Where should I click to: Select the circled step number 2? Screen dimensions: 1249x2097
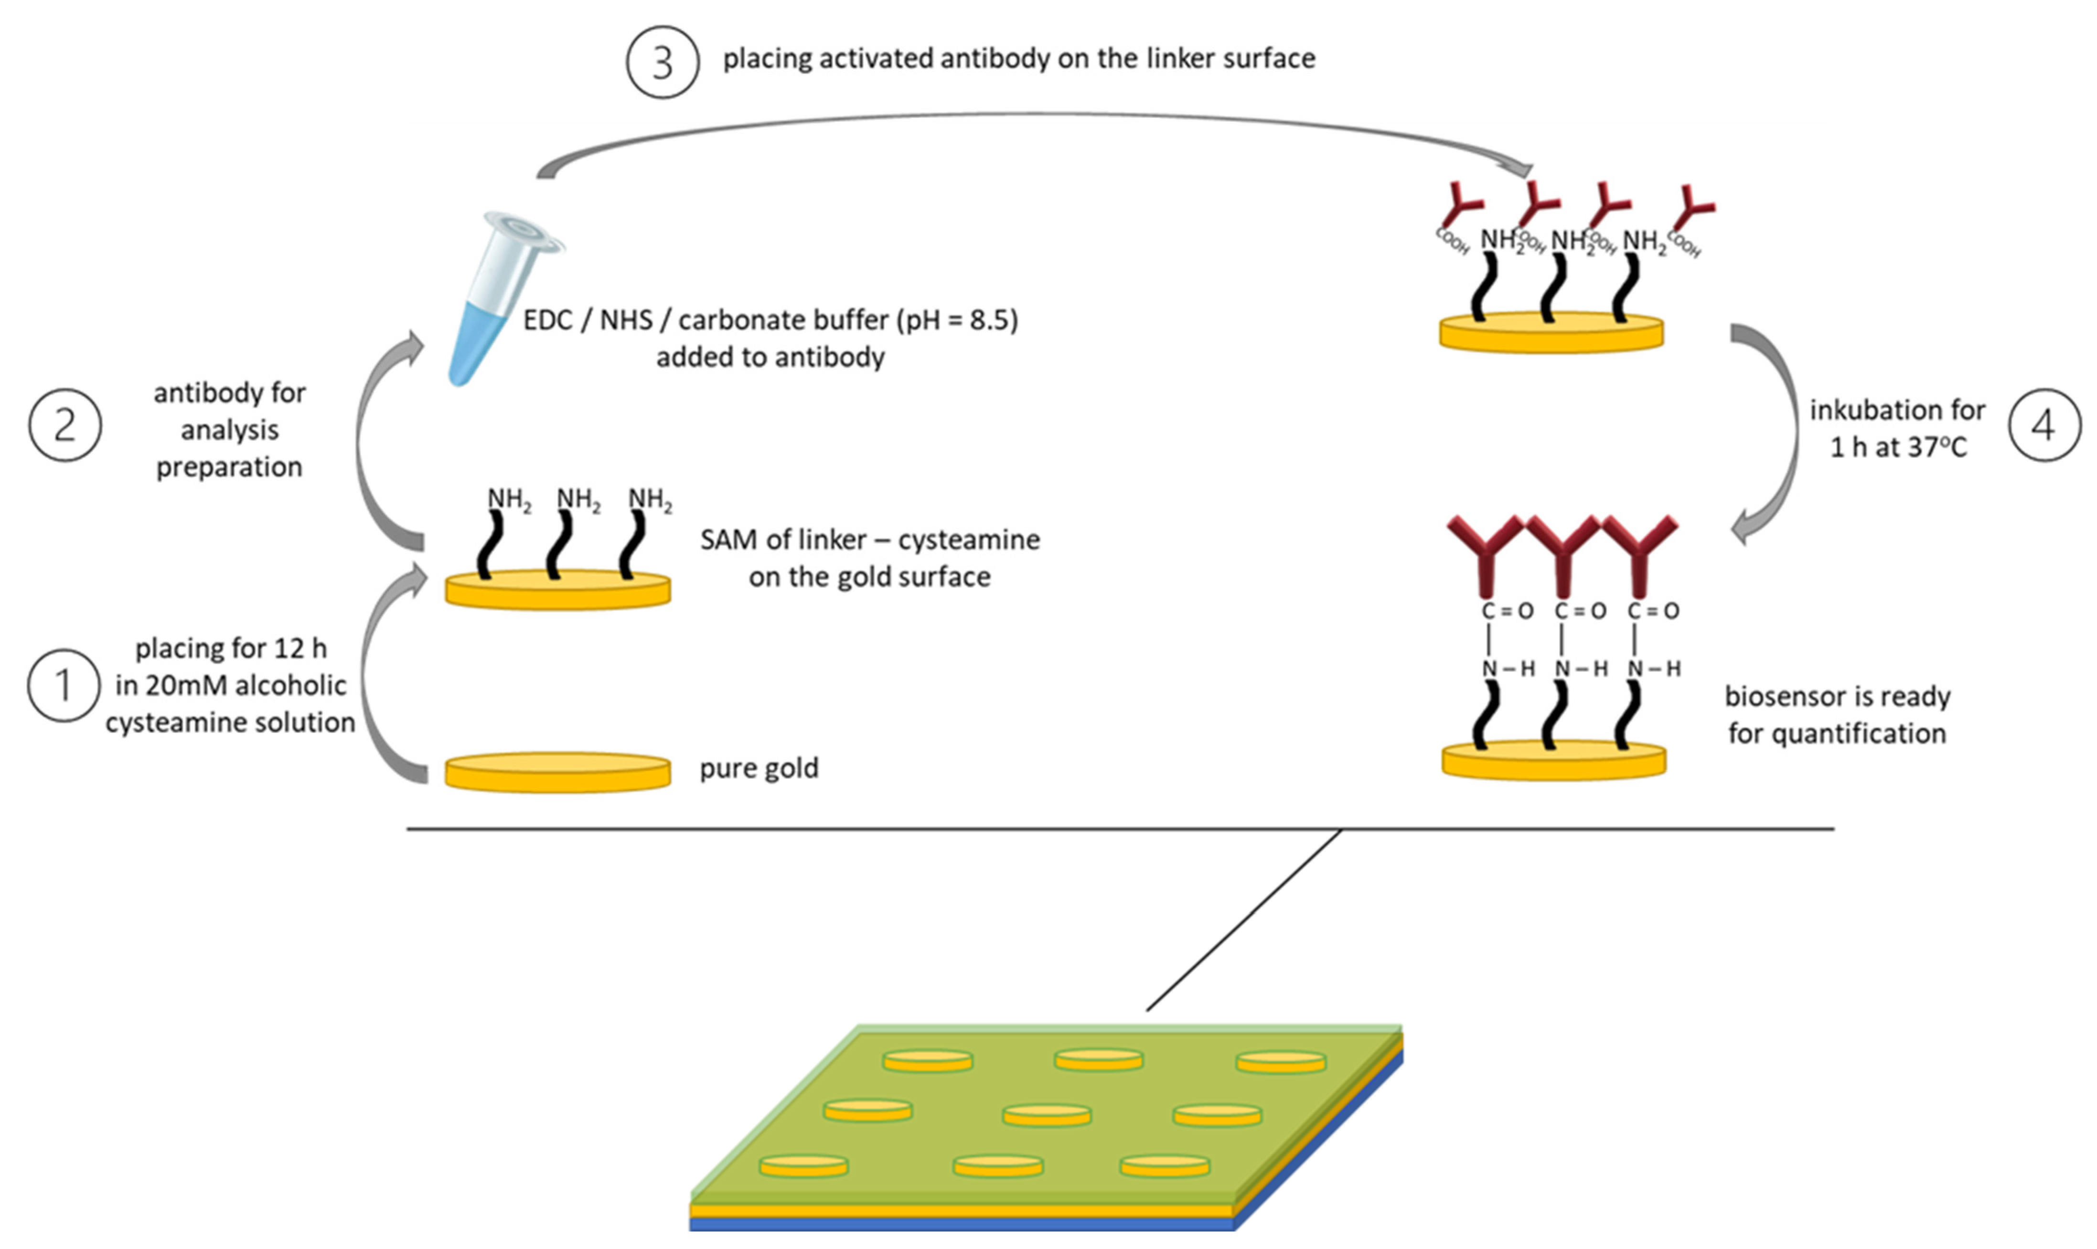(65, 425)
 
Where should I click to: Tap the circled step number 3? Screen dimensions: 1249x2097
(662, 62)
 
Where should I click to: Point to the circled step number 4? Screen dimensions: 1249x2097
(2044, 425)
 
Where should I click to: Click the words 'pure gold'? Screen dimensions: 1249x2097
(758, 768)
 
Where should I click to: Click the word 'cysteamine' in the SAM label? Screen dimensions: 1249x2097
(969, 540)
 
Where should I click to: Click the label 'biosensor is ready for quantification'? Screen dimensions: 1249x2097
(1837, 715)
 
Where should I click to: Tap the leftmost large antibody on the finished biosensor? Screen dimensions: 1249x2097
(1485, 551)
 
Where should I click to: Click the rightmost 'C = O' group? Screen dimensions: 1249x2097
(1654, 611)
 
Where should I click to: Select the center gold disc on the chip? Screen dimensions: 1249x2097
(1047, 1114)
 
